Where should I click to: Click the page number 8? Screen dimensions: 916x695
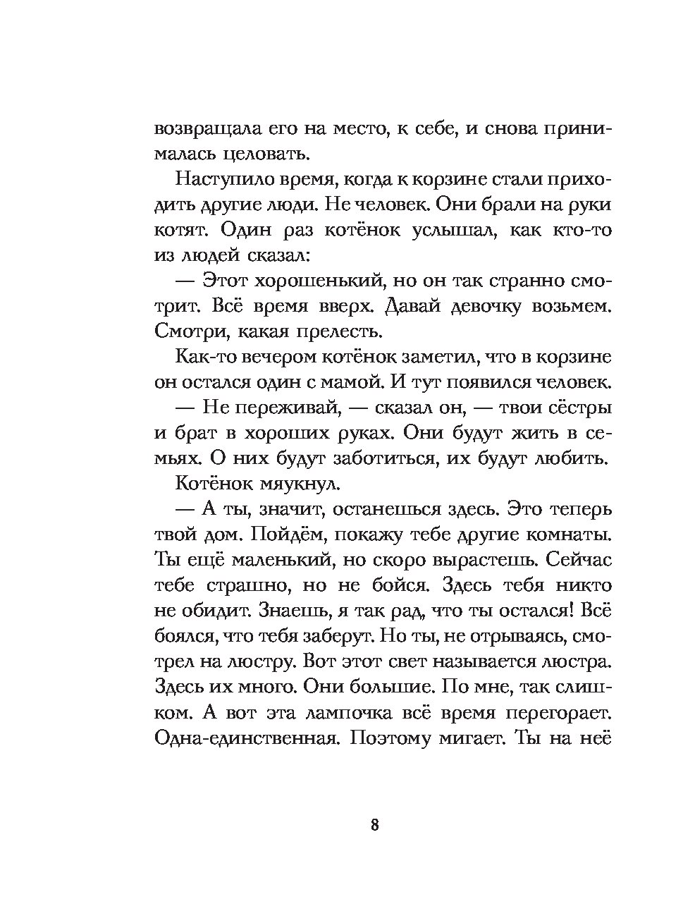pos(374,824)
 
